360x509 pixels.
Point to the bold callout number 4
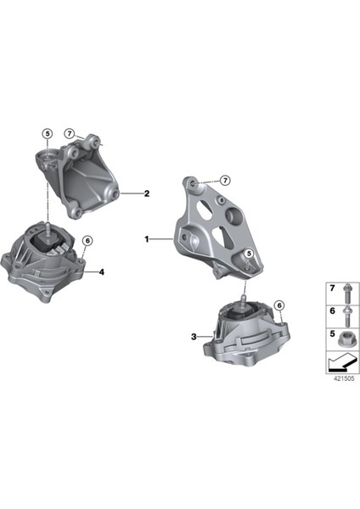(100, 272)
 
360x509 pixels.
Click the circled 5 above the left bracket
(48, 134)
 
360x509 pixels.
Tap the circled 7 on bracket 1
(225, 181)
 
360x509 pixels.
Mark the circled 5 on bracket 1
(249, 254)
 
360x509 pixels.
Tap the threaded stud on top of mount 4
(49, 227)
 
